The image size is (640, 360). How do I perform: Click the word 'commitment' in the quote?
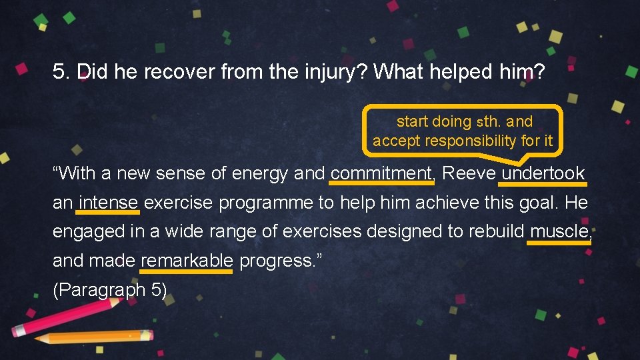(381, 173)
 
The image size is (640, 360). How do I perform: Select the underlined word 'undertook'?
(543, 173)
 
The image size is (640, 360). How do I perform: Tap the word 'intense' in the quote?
(108, 203)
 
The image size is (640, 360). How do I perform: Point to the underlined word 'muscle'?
(559, 231)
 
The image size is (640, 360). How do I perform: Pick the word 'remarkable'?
(187, 261)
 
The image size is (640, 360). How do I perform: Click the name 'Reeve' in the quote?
(469, 173)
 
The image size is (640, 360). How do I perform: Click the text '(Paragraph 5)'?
(110, 290)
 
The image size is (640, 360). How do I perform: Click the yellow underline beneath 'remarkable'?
(187, 271)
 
